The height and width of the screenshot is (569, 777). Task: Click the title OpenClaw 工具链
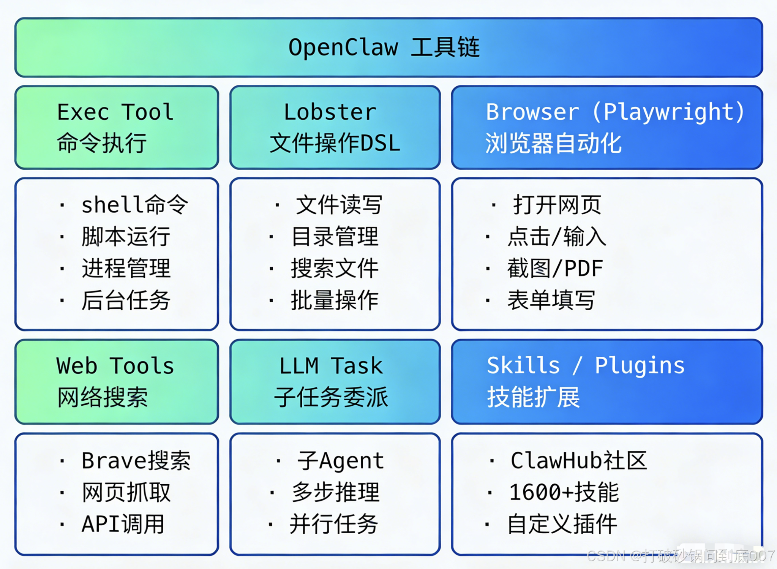pyautogui.click(x=384, y=48)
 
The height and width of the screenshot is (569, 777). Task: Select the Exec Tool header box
pyautogui.click(x=117, y=127)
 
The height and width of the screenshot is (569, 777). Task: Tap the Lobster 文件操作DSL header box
pyautogui.click(x=335, y=127)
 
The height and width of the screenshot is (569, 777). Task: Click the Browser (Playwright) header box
pyautogui.click(x=606, y=127)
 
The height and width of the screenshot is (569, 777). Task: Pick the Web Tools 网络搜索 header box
pyautogui.click(x=117, y=381)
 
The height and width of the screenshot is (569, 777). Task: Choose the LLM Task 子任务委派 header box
pyautogui.click(x=335, y=381)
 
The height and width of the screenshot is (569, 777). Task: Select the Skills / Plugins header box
pyautogui.click(x=606, y=381)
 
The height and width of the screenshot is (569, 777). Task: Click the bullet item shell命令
pyautogui.click(x=134, y=205)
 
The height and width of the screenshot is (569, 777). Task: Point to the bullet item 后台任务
pyautogui.click(x=126, y=300)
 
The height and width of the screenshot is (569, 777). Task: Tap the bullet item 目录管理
pyautogui.click(x=335, y=237)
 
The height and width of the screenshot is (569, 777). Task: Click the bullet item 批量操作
pyautogui.click(x=335, y=300)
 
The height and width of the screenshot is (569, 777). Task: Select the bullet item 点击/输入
pyautogui.click(x=556, y=237)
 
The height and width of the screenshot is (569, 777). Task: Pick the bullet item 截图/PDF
pyautogui.click(x=555, y=269)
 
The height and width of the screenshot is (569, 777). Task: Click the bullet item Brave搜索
pyautogui.click(x=136, y=461)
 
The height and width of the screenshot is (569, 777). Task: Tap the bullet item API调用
pyautogui.click(x=123, y=524)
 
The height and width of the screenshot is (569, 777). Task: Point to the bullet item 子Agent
pyautogui.click(x=340, y=461)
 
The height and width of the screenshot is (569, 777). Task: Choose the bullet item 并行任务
pyautogui.click(x=334, y=524)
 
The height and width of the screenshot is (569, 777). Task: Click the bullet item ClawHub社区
pyautogui.click(x=578, y=461)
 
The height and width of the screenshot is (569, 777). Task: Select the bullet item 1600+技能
pyautogui.click(x=564, y=493)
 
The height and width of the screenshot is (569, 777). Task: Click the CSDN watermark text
pyautogui.click(x=680, y=556)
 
